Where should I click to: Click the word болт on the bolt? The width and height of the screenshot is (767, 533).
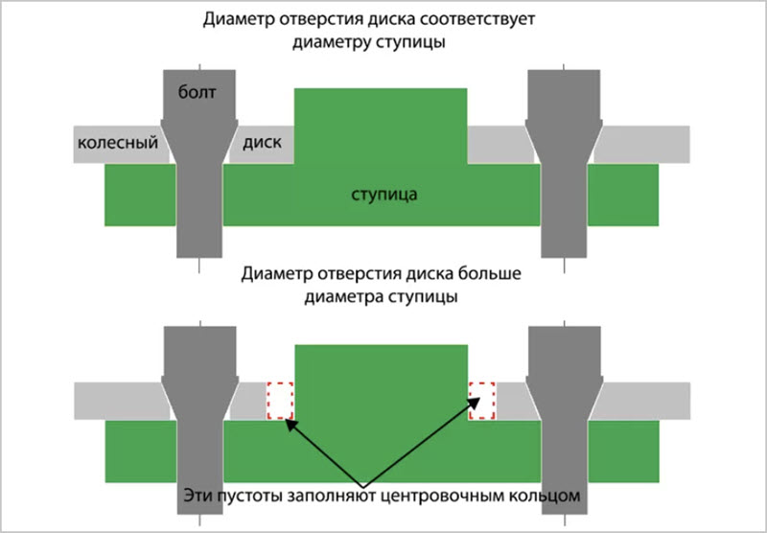[198, 93]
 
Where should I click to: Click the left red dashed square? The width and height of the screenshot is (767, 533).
[279, 401]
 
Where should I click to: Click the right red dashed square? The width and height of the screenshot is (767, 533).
[480, 400]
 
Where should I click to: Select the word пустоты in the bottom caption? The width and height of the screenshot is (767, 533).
[253, 497]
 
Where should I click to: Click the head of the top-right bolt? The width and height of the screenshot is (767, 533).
[565, 96]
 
